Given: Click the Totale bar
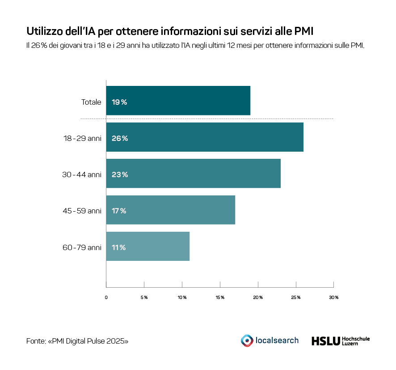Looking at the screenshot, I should pyautogui.click(x=178, y=101).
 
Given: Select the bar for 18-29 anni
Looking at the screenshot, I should pyautogui.click(x=205, y=137).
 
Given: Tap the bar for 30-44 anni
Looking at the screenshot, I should pyautogui.click(x=193, y=174).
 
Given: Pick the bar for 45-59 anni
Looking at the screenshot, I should pyautogui.click(x=170, y=210).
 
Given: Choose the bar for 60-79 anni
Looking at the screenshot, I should pyautogui.click(x=147, y=247).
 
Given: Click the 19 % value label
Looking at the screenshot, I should pyautogui.click(x=119, y=102).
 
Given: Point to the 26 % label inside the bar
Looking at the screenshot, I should pyautogui.click(x=120, y=138).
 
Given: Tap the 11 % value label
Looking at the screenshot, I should pyautogui.click(x=119, y=247).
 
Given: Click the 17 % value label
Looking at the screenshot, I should pyautogui.click(x=119, y=211).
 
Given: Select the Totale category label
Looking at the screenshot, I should pyautogui.click(x=91, y=102).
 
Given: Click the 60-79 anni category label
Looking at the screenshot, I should pyautogui.click(x=82, y=247).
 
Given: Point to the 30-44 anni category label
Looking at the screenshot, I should pyautogui.click(x=82, y=174).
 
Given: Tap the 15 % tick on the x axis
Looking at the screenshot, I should pyautogui.click(x=220, y=298).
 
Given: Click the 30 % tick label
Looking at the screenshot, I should pyautogui.click(x=334, y=298).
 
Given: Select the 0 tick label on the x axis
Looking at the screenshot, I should pyautogui.click(x=106, y=298).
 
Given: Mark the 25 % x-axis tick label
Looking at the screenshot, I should pyautogui.click(x=296, y=298).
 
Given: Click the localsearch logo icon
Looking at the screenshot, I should pyautogui.click(x=246, y=340).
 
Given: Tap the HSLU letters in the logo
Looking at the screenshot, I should pyautogui.click(x=325, y=341).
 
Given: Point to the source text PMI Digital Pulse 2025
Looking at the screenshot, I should pyautogui.click(x=88, y=341).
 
